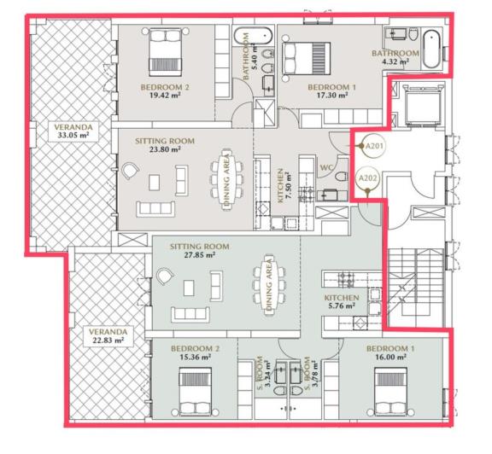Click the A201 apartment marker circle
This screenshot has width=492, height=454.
click(372, 147)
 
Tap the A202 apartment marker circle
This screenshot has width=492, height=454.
click(367, 178)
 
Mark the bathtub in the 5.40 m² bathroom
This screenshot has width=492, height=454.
click(253, 38)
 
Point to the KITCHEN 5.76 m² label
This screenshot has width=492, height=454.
click(341, 302)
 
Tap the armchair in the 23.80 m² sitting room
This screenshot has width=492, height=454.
click(130, 172)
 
